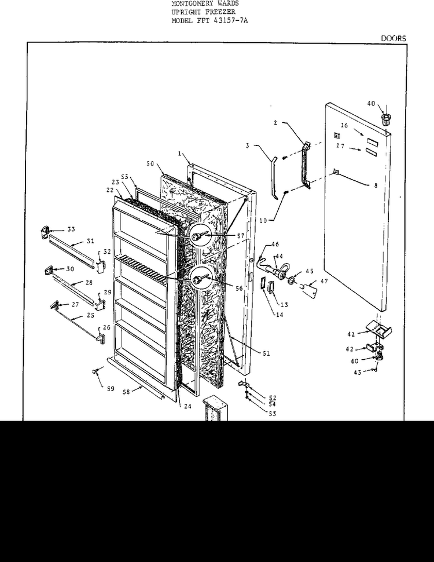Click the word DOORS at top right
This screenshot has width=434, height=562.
[x=393, y=38]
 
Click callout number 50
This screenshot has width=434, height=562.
[x=150, y=165]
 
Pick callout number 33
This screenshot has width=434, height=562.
[x=71, y=229]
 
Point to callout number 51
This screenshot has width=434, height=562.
[x=266, y=353]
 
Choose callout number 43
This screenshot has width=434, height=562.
[x=358, y=372]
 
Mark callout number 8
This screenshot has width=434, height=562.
[x=375, y=186]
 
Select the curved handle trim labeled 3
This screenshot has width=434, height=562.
[x=270, y=174]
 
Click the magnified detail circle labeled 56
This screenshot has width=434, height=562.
[x=203, y=280]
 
